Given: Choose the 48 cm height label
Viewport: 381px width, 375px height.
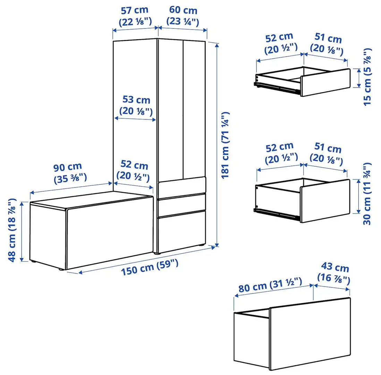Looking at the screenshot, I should click(x=12, y=231).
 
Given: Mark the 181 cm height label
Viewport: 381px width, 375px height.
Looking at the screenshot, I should click(x=225, y=145).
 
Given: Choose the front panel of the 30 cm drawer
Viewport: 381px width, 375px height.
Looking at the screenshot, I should click(x=325, y=200).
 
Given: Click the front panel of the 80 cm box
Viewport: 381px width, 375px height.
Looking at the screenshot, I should click(x=310, y=333).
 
